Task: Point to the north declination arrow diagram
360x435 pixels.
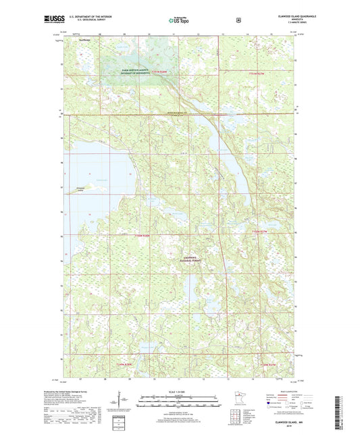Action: pos(127,403)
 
